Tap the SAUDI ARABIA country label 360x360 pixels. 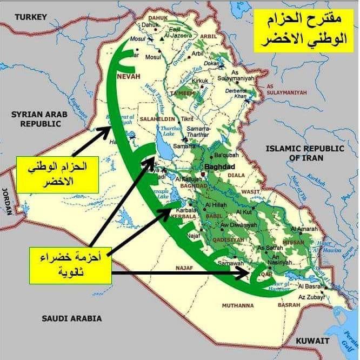click(x=72, y=318)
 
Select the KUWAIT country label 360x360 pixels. click(x=312, y=341)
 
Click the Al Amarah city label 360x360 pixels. click(x=304, y=229)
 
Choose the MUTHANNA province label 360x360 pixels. click(x=237, y=305)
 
